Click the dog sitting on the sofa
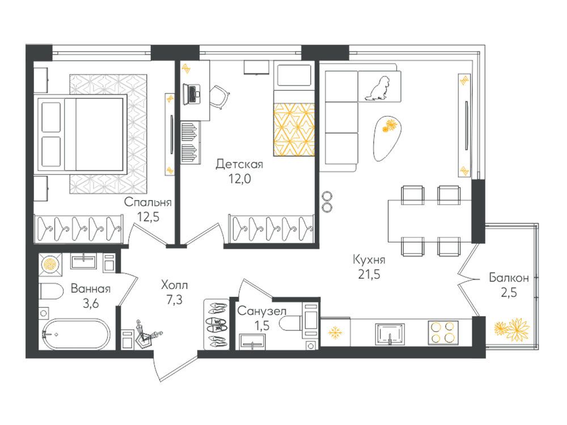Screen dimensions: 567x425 point(378,88)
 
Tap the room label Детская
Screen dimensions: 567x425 point(239,164)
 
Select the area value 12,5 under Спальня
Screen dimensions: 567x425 point(148,216)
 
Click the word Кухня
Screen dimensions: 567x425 point(369,260)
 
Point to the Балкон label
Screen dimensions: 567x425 point(509,278)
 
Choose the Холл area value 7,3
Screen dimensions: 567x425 point(174,300)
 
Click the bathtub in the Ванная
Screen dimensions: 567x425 point(77,334)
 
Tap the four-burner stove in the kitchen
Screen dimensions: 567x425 point(443,333)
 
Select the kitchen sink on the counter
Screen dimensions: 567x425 point(390,334)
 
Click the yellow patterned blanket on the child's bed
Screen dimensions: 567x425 point(294,130)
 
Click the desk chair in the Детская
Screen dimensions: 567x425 point(219,96)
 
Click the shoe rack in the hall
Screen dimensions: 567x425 point(216,324)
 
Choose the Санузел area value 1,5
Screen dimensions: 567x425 point(262,326)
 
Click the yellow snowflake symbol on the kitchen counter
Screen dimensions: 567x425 point(335,333)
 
